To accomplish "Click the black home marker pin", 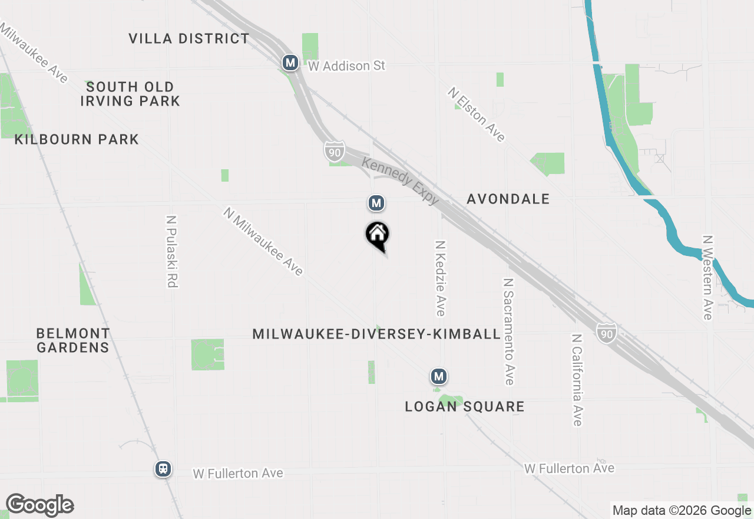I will [378, 235].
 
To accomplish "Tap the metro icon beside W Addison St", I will [290, 62].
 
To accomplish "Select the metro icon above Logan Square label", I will [438, 376].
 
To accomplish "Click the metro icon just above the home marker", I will [376, 203].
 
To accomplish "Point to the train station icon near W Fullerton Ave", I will [163, 469].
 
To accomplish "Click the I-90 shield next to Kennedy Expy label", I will [334, 151].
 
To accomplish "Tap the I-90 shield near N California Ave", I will [606, 332].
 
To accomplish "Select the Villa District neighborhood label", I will [189, 39].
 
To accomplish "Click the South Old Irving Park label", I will [130, 94].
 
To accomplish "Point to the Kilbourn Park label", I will [77, 140].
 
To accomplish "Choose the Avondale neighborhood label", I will [508, 199].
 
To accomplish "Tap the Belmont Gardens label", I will [73, 340].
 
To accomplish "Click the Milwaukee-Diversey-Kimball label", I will [376, 334].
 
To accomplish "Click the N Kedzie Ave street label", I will [440, 278].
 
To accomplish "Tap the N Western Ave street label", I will [707, 277].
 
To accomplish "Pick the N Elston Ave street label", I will [477, 114].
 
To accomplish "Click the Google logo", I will [39, 505].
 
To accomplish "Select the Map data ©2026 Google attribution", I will [682, 511].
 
